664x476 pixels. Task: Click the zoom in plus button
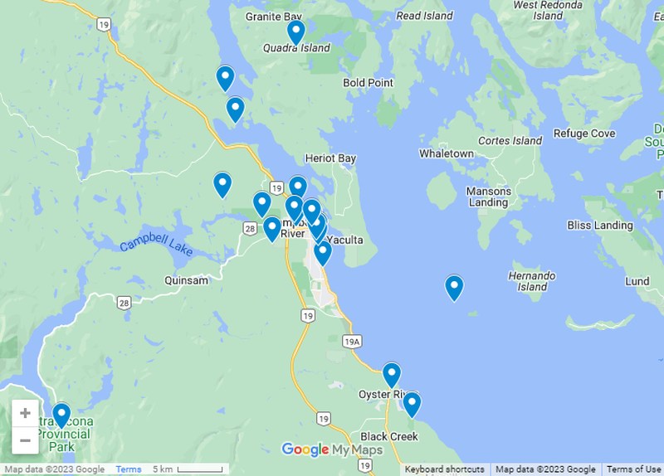(x=25, y=413)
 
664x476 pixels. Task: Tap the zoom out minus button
(x=25, y=440)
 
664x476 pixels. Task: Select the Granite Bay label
(x=274, y=17)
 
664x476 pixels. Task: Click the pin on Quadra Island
(x=296, y=32)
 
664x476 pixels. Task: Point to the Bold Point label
(x=368, y=83)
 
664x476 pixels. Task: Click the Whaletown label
(x=447, y=153)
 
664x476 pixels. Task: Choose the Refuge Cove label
(x=584, y=134)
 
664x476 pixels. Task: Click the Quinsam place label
(x=187, y=280)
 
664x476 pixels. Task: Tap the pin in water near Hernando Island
(x=454, y=287)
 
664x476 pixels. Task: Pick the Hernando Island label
(x=532, y=281)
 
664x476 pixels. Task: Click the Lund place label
(x=637, y=281)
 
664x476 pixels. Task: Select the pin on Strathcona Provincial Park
(x=61, y=415)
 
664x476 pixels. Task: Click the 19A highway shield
(x=352, y=342)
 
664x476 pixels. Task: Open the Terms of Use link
(x=633, y=469)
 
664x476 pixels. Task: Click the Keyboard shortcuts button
(x=445, y=469)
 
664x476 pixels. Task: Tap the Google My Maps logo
(x=332, y=450)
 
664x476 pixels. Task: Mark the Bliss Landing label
(x=600, y=226)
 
